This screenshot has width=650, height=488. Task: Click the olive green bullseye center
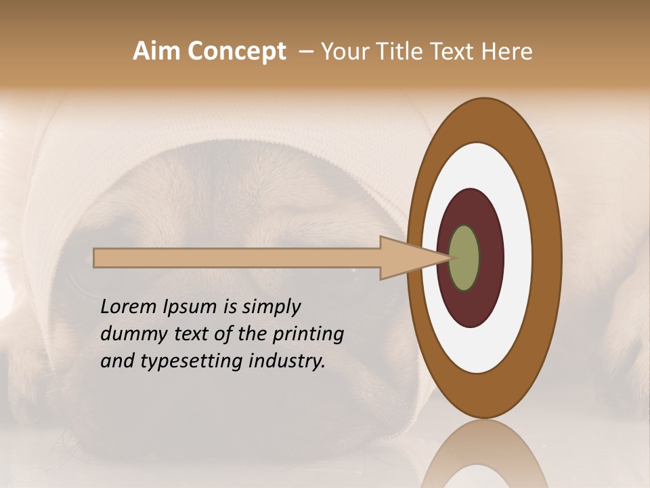click(464, 258)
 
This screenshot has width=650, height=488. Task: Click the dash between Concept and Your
click(305, 52)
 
